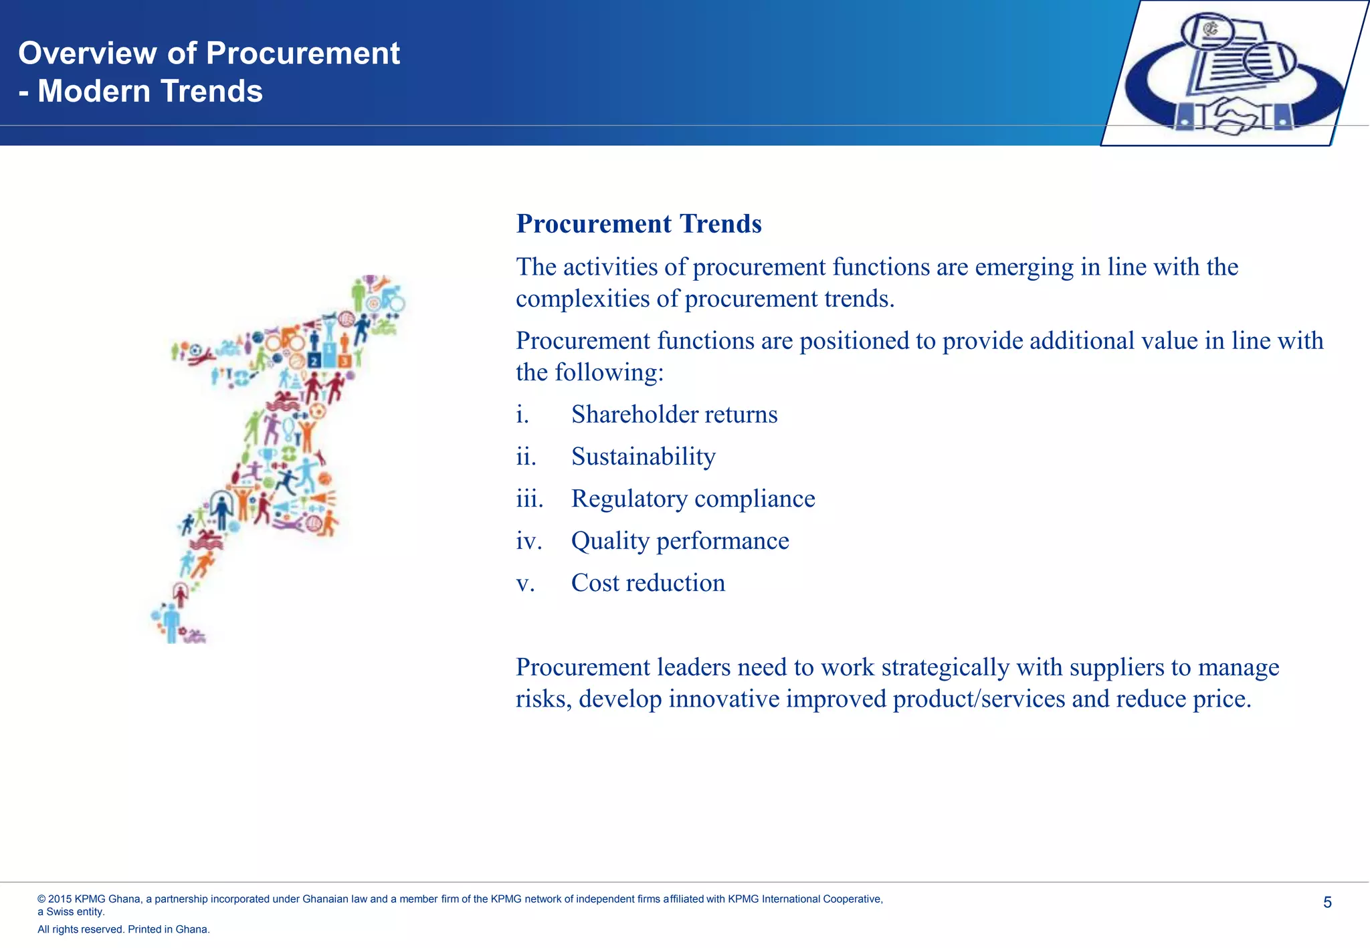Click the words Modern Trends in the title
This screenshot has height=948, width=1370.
point(150,92)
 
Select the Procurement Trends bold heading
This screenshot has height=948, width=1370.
point(638,224)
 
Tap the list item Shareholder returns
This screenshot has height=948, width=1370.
point(674,414)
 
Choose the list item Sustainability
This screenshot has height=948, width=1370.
point(643,457)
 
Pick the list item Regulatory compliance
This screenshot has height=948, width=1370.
point(692,499)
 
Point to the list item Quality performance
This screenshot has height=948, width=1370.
point(680,541)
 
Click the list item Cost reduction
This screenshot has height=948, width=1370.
point(648,583)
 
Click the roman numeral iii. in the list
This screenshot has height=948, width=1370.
point(528,499)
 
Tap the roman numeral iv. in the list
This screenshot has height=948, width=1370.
point(528,541)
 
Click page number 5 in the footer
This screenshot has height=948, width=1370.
point(1327,903)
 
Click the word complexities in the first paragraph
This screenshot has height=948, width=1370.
point(582,299)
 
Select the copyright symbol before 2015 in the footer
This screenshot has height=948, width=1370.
point(41,899)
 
